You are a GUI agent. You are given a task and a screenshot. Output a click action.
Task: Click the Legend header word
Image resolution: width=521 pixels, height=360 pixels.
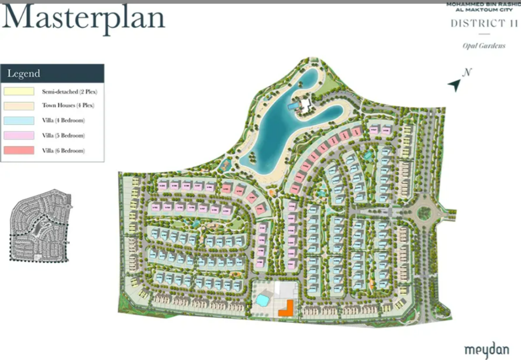(x=23, y=73)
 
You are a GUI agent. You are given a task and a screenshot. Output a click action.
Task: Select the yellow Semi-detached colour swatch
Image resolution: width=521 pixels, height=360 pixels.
(x=19, y=92)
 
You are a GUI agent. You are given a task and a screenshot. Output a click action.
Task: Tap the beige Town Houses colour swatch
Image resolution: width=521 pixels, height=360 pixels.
(x=19, y=106)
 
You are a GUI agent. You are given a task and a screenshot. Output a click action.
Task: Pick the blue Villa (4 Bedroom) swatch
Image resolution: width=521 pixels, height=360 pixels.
(x=19, y=121)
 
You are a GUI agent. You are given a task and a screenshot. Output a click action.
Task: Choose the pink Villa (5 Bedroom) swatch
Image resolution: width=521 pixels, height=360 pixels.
(x=19, y=136)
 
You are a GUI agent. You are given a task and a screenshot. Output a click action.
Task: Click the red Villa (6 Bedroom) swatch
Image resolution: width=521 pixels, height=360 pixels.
(x=19, y=151)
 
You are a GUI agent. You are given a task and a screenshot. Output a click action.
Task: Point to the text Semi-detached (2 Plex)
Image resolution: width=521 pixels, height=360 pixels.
(x=69, y=92)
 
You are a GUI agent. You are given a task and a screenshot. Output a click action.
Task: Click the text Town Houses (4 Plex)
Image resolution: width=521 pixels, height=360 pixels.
(x=68, y=106)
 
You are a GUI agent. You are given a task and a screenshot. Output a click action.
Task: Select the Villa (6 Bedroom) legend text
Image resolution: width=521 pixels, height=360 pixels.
(x=63, y=151)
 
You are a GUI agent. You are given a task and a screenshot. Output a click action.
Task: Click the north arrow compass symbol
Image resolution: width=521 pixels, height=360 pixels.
(x=454, y=85)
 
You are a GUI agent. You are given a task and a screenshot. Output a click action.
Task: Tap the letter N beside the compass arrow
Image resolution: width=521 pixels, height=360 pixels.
(x=467, y=72)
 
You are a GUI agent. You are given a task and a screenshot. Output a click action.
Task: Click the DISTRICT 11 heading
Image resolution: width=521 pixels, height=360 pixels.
(x=484, y=23)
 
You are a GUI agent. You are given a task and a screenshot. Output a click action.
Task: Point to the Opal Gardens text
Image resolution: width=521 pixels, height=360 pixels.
(x=484, y=46)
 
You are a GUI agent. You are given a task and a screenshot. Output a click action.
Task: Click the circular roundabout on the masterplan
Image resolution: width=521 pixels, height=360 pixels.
(x=424, y=213)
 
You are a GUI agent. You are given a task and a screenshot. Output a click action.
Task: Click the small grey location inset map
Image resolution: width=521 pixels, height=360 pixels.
(x=39, y=226)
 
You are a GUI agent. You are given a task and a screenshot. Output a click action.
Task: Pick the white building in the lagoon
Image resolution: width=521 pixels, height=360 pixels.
(x=305, y=105)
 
